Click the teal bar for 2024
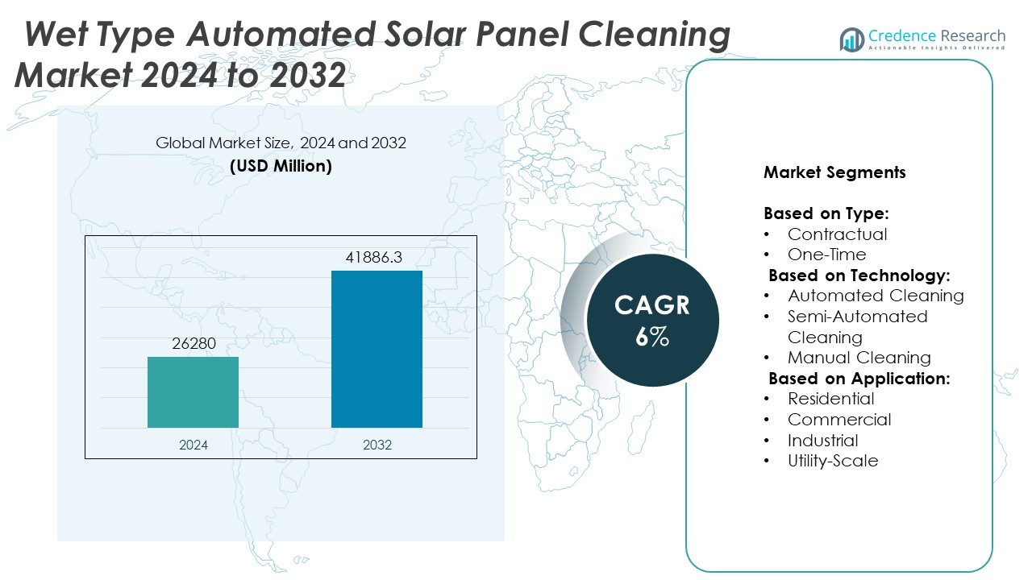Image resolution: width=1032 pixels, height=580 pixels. (193, 392)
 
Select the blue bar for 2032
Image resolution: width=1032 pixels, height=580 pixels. (377, 349)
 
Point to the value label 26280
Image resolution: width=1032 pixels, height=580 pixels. (193, 344)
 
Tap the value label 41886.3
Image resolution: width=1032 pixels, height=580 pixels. (374, 259)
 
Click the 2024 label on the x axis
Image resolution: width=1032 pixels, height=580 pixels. (193, 444)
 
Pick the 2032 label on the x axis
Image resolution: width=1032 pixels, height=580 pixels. (377, 444)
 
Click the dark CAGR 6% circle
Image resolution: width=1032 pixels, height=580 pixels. (651, 320)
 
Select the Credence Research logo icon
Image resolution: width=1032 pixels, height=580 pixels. (851, 39)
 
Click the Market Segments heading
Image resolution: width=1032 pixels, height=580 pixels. (834, 172)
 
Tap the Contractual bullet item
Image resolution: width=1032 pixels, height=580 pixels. (837, 234)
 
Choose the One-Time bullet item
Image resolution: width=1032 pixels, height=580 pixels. (826, 255)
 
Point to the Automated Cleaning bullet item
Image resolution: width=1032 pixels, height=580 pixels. (876, 296)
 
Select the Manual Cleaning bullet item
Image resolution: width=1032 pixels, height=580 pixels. (859, 358)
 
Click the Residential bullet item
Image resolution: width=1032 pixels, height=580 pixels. (830, 399)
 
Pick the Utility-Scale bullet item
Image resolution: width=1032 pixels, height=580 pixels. (833, 461)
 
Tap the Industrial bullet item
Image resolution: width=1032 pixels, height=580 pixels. (822, 441)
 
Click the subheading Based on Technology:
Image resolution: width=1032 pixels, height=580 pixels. (859, 275)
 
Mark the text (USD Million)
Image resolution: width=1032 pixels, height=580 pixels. (281, 167)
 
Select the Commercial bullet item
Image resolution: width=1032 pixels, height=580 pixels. (839, 420)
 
